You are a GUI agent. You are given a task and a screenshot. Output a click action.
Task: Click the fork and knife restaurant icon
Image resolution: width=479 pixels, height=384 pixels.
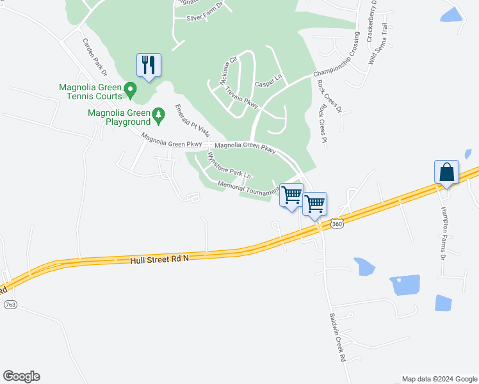[149, 65]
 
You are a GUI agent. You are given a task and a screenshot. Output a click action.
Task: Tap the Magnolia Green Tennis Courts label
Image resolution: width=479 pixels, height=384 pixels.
[90, 92]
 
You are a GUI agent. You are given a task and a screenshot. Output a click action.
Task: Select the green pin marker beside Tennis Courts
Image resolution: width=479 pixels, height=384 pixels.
[131, 90]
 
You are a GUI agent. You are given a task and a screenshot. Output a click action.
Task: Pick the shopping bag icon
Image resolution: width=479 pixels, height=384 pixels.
[446, 172]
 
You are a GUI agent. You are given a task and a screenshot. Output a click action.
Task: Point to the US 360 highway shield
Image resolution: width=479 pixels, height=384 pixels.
[337, 224]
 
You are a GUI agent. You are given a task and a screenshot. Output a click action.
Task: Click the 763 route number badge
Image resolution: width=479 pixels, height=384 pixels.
[10, 305]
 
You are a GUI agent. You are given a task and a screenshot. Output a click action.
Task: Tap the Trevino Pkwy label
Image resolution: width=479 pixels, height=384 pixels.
[241, 97]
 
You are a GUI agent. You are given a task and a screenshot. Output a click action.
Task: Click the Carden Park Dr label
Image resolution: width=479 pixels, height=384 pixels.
[93, 56]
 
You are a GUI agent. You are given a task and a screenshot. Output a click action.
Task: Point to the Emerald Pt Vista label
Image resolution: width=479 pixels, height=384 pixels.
[192, 122]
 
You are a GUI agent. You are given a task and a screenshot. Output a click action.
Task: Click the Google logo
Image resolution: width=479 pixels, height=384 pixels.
[21, 376]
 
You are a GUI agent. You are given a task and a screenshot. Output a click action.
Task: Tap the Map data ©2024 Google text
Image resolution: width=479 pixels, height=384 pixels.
[439, 379]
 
